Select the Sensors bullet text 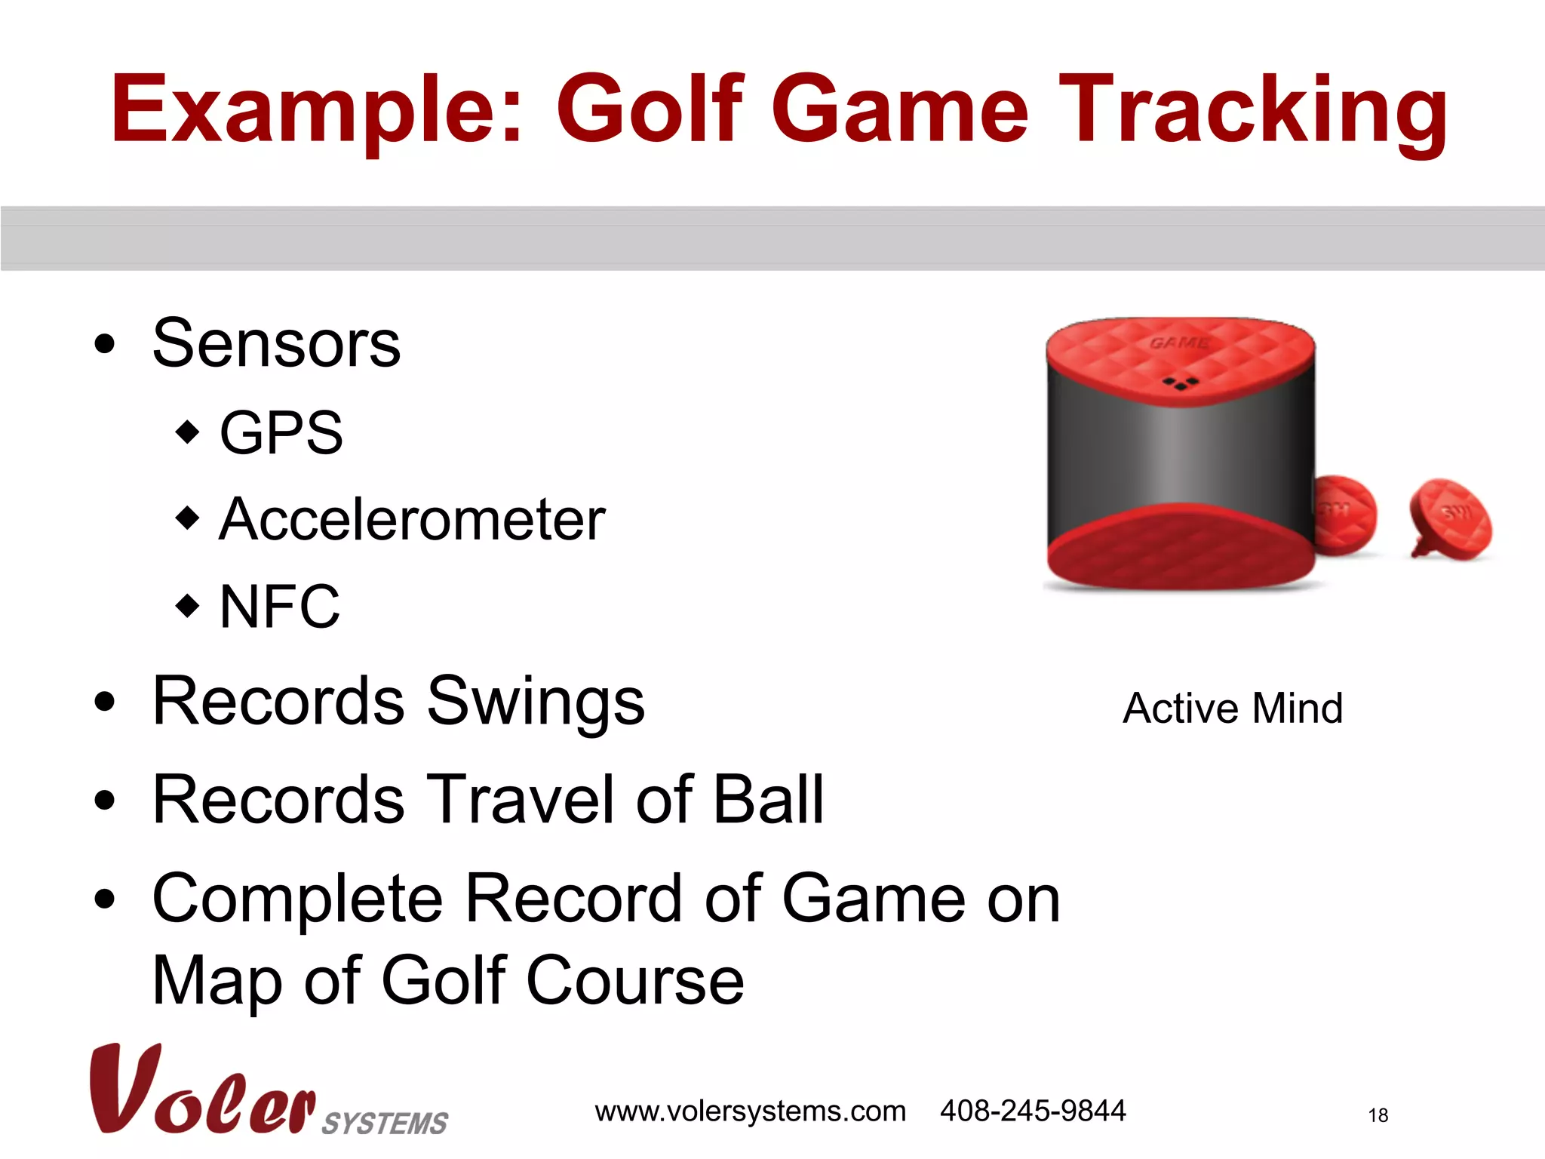pos(276,344)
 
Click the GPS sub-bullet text pos(281,433)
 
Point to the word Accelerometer pos(412,520)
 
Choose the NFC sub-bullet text pos(279,607)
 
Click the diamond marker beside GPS pos(187,432)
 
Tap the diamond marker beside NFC pos(187,605)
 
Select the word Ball pos(768,800)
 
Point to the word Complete pos(298,899)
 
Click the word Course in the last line pos(634,981)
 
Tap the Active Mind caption pos(1233,709)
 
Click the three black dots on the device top pos(1181,383)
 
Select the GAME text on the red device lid pos(1178,343)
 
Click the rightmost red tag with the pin pos(1450,519)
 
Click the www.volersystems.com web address pos(750,1111)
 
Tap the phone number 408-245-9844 pos(1032,1111)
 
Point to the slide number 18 pos(1378,1115)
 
